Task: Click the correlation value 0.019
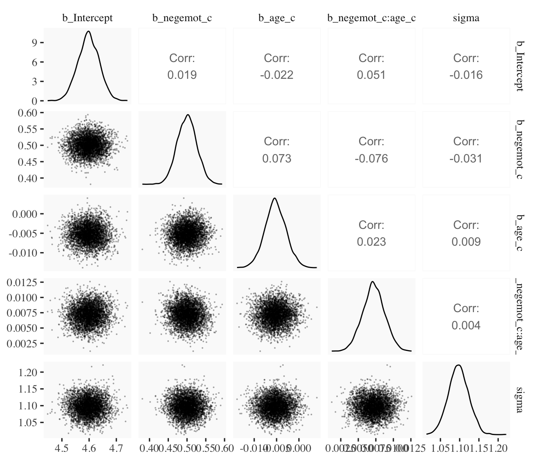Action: tap(182, 75)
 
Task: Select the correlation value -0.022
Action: tap(277, 75)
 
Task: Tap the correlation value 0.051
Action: tap(371, 75)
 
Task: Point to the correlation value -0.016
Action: tap(466, 75)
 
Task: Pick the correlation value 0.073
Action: tap(277, 159)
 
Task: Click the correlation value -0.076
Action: tap(371, 159)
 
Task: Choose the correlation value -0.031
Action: tap(466, 159)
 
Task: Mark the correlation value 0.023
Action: tap(371, 242)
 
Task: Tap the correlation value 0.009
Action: tap(466, 242)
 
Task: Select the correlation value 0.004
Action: tap(466, 325)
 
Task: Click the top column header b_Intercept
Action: tap(87, 18)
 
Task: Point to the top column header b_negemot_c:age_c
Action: tap(371, 18)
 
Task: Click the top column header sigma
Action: tap(466, 18)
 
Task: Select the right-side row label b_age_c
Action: tap(519, 233)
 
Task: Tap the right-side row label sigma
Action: tap(519, 400)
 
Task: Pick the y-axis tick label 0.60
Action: tap(27, 113)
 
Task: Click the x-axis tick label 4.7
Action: tap(116, 448)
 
